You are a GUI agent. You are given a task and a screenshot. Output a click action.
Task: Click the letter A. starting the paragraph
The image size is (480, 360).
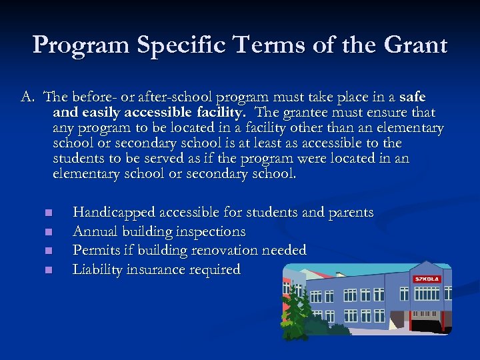[27, 97]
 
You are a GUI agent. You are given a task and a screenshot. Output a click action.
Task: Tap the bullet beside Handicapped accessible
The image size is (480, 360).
[49, 213]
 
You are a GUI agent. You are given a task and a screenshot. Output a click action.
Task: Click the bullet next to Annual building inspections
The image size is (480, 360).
[49, 233]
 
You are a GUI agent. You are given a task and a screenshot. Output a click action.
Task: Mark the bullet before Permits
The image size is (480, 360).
[49, 251]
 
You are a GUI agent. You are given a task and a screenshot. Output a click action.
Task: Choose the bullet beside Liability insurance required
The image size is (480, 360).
[49, 271]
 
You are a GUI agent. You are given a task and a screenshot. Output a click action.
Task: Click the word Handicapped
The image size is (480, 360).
[113, 213]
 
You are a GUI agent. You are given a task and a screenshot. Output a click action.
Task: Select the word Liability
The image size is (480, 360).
[98, 270]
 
